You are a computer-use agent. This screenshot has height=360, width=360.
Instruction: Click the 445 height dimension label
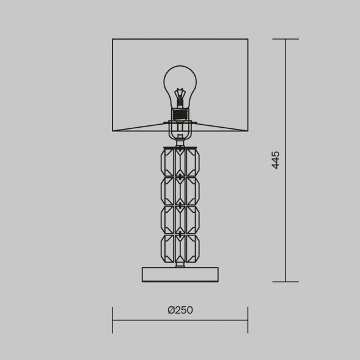coord(276,160)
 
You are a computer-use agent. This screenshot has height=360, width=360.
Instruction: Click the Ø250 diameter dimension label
coord(180,310)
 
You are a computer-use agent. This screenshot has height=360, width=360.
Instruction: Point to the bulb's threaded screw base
coord(180,114)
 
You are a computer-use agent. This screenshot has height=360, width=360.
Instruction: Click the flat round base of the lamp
coord(180,274)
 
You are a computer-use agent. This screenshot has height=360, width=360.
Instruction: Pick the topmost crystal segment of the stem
coord(180,163)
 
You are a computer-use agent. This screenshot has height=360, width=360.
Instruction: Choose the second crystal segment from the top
coord(180,191)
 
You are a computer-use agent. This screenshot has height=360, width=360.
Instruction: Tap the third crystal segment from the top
coord(180,219)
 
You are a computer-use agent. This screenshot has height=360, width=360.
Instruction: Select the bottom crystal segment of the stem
coord(180,248)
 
